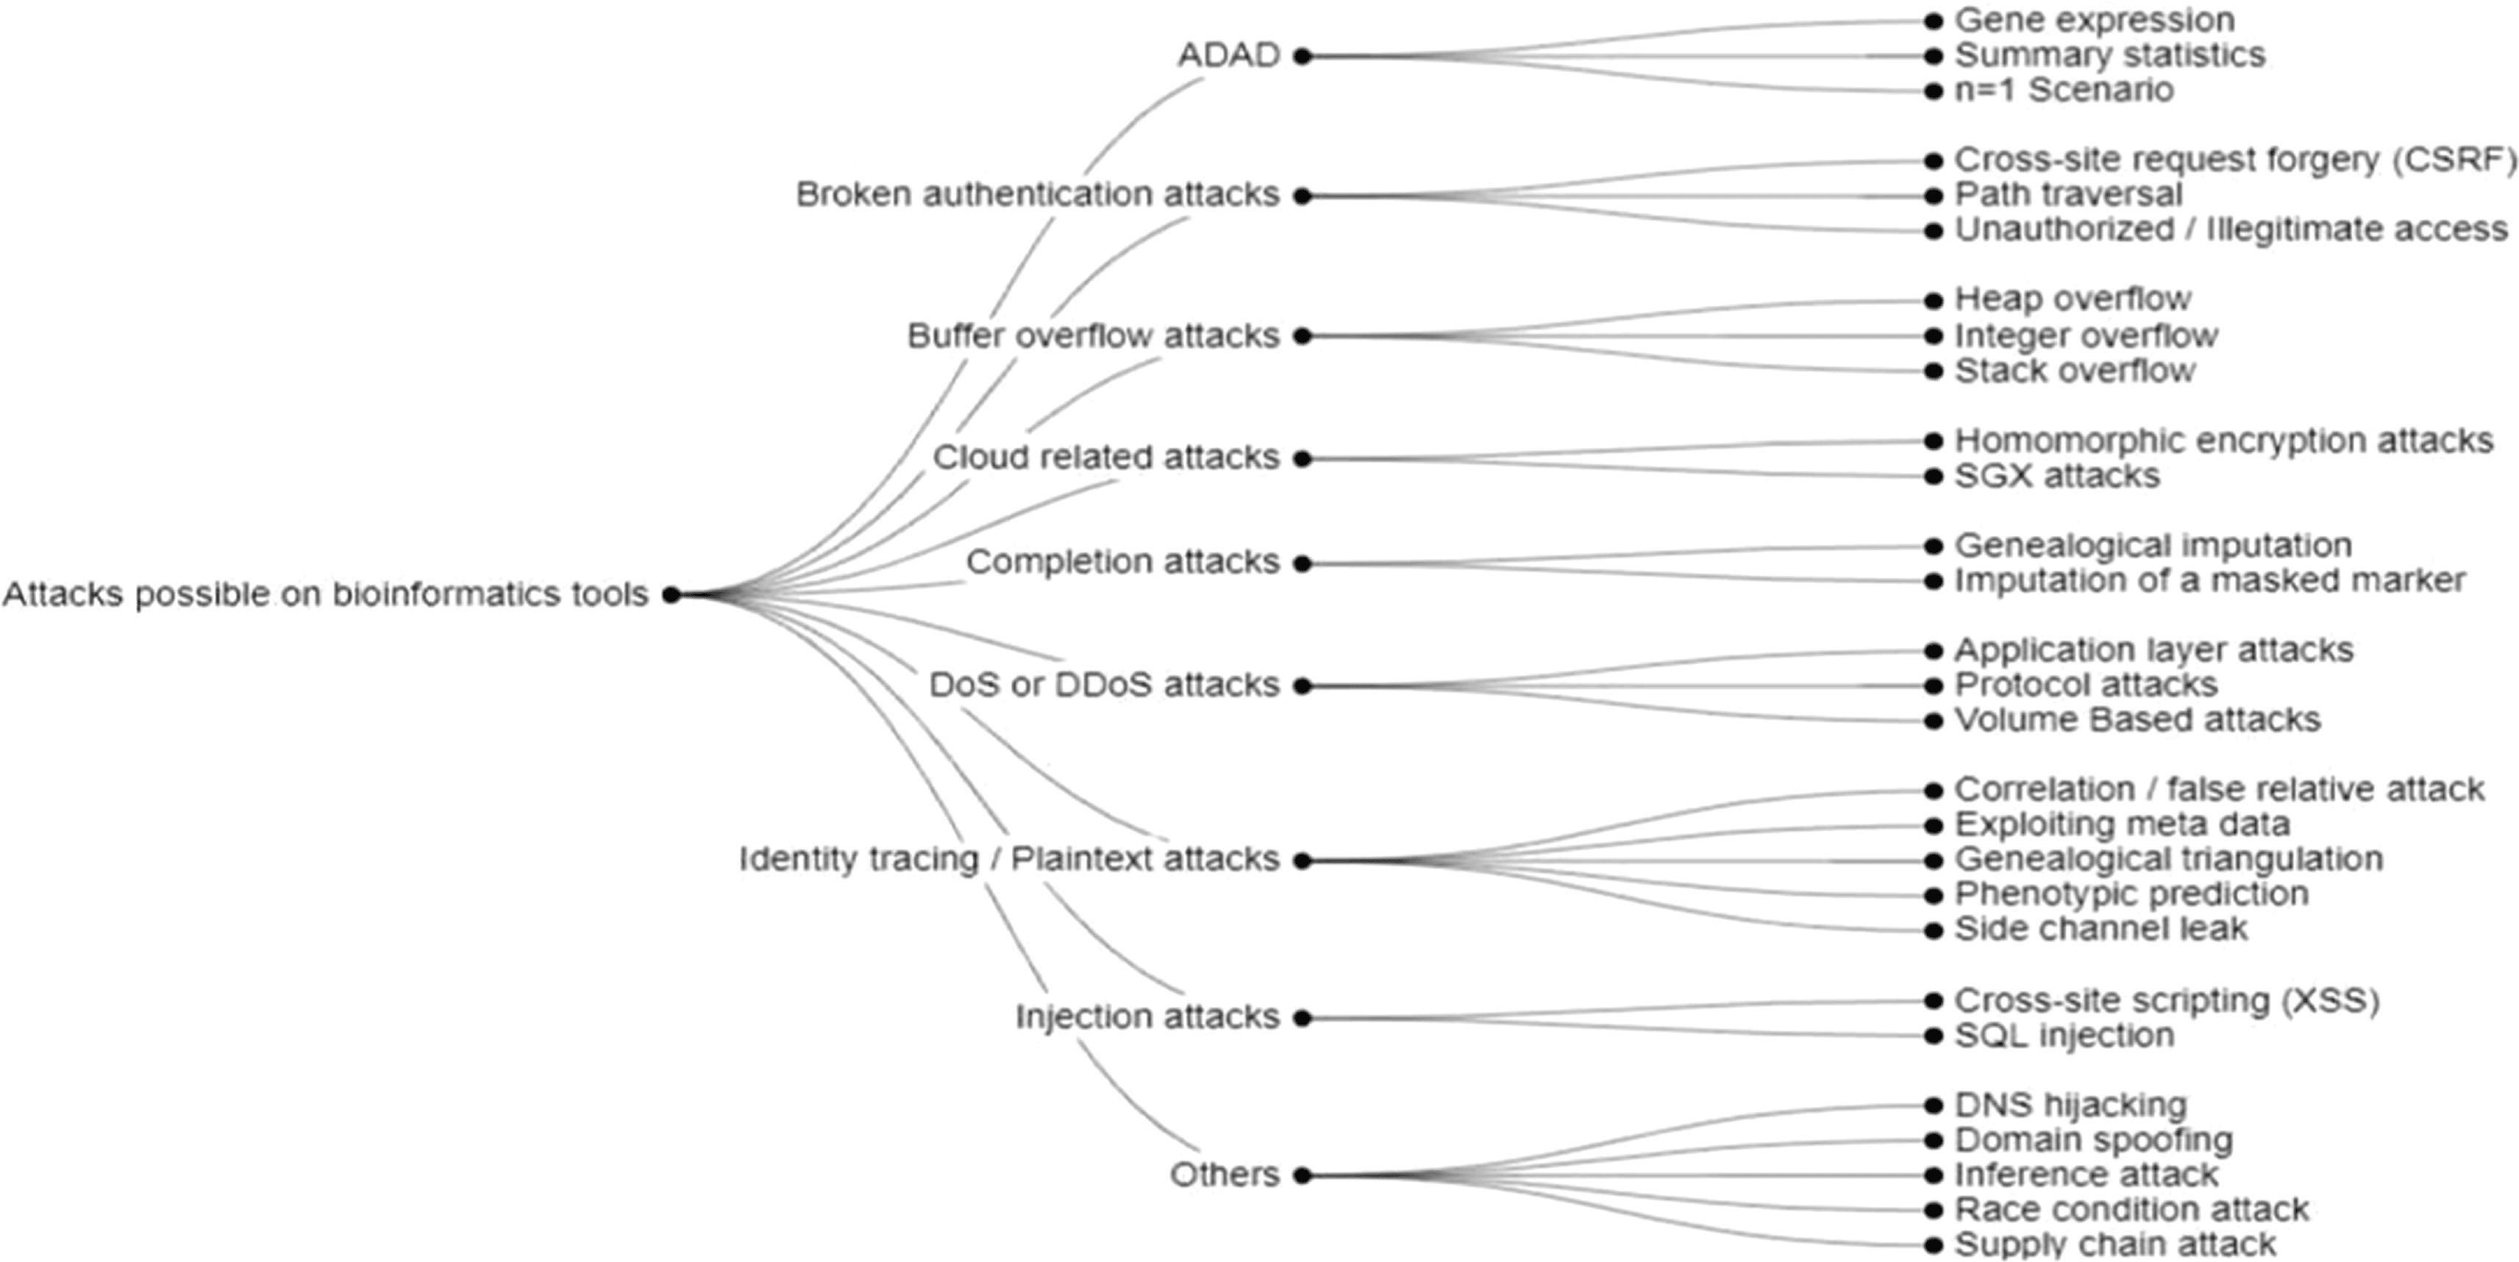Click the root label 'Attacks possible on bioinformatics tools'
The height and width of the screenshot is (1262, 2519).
(324, 593)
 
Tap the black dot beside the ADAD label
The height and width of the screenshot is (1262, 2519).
(1302, 57)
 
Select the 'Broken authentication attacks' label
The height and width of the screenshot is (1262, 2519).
(1038, 195)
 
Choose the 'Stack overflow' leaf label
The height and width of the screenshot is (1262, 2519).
(2074, 371)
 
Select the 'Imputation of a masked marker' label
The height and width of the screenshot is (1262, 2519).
(2209, 581)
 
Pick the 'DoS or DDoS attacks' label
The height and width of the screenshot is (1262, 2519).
(1104, 684)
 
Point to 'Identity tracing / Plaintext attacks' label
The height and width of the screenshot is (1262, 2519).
(1008, 859)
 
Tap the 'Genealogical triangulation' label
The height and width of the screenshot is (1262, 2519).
(2168, 859)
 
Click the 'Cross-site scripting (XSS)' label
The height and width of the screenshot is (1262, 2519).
(2166, 1000)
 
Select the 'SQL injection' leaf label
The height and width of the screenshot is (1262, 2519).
(2063, 1035)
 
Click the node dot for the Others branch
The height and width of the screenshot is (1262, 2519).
(1302, 1176)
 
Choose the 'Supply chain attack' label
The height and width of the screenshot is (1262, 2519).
(2114, 1245)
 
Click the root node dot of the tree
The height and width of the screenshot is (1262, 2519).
(671, 594)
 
